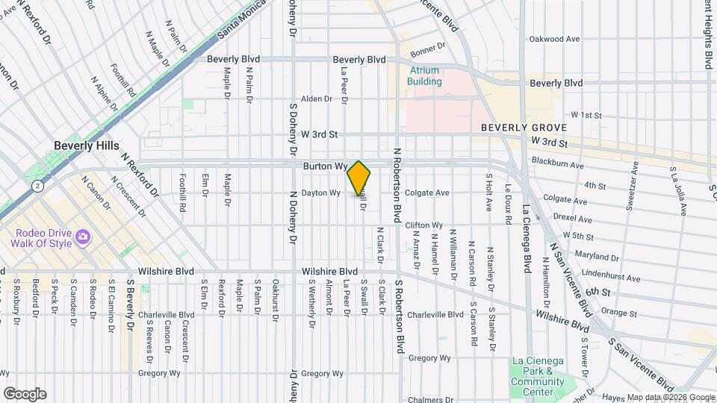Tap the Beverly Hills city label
click(x=87, y=146)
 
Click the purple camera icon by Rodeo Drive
click(x=83, y=237)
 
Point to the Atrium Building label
click(x=424, y=76)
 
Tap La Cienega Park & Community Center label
click(x=538, y=376)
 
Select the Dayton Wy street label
click(x=321, y=193)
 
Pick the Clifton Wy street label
click(x=424, y=225)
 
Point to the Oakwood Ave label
click(x=554, y=39)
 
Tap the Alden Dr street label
click(x=316, y=99)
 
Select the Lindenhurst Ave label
click(x=613, y=278)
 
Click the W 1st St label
click(x=586, y=115)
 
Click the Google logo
click(x=25, y=393)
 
